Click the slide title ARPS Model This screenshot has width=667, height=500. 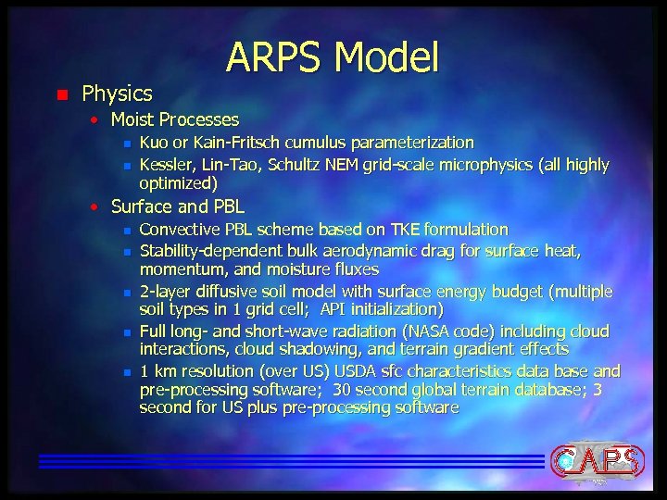pos(333,57)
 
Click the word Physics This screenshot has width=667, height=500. pos(117,94)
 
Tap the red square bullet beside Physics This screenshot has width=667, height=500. pos(61,94)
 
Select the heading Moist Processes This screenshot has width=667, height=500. pos(174,119)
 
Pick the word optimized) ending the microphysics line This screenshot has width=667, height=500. pos(179,183)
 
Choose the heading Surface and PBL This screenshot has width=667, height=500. pos(172,206)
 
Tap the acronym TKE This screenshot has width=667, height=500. pos(409,229)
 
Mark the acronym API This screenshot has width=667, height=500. pos(336,309)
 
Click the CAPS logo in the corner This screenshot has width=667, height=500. pos(595,460)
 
